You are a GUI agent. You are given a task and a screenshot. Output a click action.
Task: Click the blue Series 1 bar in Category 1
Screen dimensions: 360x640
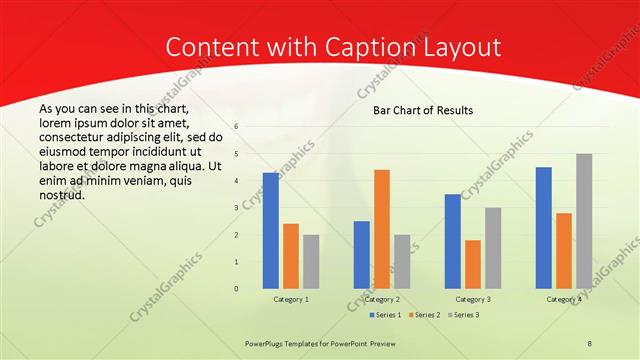point(271,230)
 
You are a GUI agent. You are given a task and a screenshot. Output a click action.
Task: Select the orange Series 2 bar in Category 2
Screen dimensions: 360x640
point(382,229)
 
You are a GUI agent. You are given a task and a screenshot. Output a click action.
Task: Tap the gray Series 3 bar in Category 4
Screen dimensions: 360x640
point(584,221)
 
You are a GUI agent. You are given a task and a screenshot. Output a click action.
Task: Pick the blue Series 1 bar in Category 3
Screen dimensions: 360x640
point(453,241)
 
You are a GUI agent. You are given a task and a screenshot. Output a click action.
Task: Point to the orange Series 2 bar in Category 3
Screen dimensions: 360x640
point(473,264)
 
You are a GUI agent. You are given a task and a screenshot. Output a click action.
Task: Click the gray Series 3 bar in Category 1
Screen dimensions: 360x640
point(311,261)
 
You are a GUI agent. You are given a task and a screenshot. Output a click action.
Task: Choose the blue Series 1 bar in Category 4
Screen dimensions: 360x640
point(544,227)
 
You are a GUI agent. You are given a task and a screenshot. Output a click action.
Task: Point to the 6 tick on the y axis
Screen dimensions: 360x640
point(236,127)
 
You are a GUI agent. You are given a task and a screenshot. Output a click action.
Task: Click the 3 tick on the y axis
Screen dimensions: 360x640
point(236,208)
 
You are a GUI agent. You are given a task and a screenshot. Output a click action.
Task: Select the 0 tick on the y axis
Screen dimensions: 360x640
point(236,289)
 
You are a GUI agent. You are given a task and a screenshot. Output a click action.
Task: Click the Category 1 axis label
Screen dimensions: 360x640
point(291,299)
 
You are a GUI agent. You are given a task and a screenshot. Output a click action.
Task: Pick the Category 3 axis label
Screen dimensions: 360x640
point(473,299)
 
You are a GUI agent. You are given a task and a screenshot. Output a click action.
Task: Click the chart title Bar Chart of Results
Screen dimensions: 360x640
point(423,110)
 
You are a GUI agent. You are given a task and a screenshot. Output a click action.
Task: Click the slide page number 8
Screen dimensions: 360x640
point(590,343)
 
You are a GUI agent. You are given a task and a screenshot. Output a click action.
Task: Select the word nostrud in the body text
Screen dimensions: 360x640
point(62,195)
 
